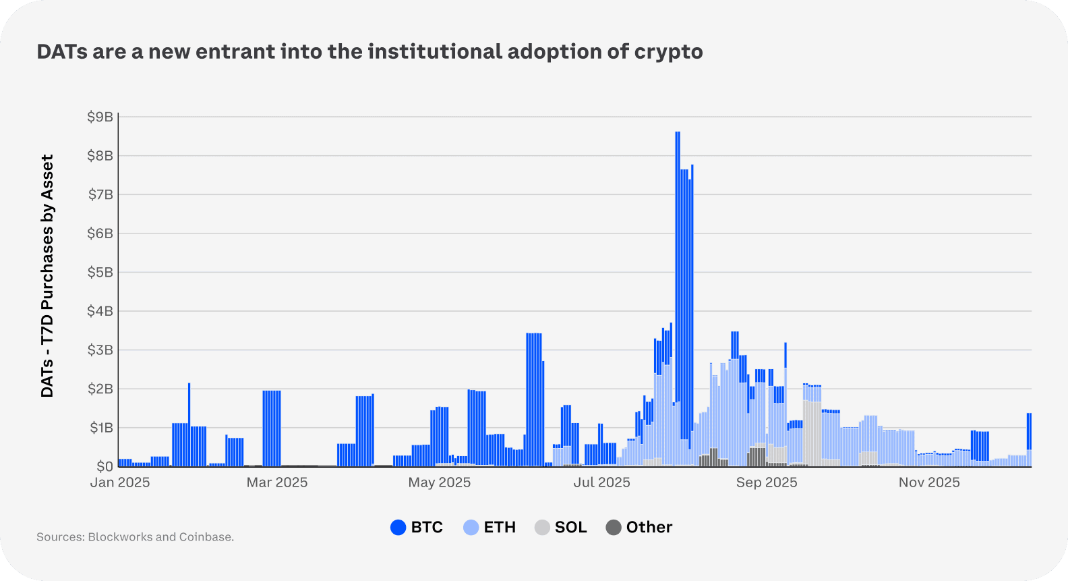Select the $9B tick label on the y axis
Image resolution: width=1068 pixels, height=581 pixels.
100,117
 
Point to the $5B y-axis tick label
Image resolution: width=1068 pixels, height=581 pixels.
100,273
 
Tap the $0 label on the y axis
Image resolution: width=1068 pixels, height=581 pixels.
105,466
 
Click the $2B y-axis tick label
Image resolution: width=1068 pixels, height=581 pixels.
100,389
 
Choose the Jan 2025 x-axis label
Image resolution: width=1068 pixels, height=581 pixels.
120,482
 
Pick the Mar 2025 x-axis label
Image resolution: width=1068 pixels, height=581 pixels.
276,482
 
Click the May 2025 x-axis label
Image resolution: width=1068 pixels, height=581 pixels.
440,482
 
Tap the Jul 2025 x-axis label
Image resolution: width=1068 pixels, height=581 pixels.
602,482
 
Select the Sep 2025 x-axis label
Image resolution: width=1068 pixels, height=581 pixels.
767,482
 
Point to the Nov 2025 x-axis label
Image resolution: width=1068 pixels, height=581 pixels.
929,482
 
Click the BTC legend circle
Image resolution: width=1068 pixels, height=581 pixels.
398,528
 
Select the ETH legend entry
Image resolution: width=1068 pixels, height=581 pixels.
490,528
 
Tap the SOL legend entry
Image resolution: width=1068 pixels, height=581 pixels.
561,528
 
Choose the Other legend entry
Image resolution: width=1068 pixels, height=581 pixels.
639,528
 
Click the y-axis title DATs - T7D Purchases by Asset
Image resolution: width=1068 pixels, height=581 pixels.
47,276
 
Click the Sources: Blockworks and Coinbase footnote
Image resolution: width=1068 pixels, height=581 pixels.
135,537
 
